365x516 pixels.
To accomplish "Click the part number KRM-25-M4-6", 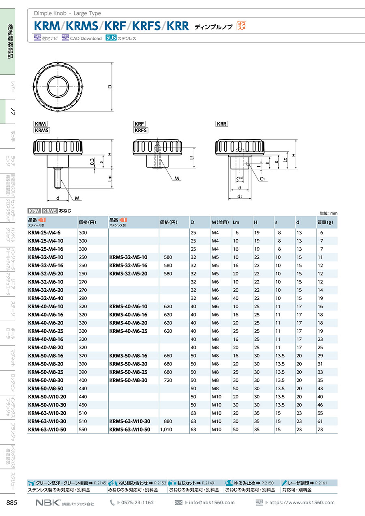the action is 44,233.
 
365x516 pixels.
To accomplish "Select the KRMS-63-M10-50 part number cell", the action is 130,430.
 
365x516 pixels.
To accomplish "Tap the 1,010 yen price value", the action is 166,430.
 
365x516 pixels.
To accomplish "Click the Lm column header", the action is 236,222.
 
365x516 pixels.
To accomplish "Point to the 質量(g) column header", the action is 325,222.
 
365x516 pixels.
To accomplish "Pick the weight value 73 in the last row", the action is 320,430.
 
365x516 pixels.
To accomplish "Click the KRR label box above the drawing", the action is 221,124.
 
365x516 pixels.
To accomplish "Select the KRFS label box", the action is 141,130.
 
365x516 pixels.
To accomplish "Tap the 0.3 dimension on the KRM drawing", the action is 92,161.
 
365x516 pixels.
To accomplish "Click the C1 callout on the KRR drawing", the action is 262,179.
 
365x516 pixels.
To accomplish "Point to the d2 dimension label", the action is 240,196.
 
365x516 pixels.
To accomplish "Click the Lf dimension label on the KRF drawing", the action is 191,157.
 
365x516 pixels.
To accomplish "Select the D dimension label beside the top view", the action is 109,87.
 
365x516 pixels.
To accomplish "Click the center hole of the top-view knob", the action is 58,87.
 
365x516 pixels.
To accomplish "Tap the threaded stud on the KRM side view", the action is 58,178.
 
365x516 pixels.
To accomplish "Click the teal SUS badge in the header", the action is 111,38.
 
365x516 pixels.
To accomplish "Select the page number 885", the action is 12,503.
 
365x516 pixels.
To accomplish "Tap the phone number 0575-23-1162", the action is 137,503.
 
